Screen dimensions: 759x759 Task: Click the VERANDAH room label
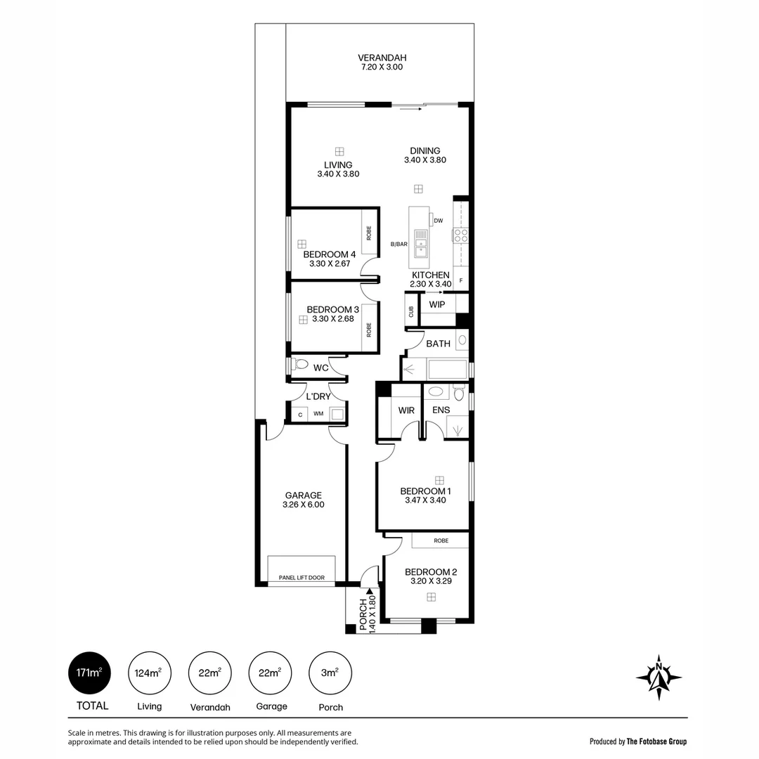tap(382, 58)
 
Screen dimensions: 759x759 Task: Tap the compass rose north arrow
tap(659, 677)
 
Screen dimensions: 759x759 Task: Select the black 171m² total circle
tap(89, 673)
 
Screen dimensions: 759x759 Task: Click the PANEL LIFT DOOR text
tap(301, 578)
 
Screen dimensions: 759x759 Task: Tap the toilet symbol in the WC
tap(300, 365)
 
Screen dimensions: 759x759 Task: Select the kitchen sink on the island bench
tap(421, 240)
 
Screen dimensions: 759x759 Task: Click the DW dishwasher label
tap(438, 221)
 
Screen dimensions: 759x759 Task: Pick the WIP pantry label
tap(437, 304)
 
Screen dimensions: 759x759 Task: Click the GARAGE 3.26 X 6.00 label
tap(303, 500)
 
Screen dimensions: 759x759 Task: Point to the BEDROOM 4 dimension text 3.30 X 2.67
tap(330, 264)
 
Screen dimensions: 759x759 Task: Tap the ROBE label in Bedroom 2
tap(441, 540)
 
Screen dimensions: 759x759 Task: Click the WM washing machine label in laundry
tap(318, 414)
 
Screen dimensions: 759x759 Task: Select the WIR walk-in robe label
tap(406, 410)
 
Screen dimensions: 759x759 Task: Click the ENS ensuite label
tap(441, 410)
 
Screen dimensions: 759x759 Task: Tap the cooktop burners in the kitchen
tap(461, 235)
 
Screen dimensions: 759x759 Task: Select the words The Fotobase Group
tap(656, 741)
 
